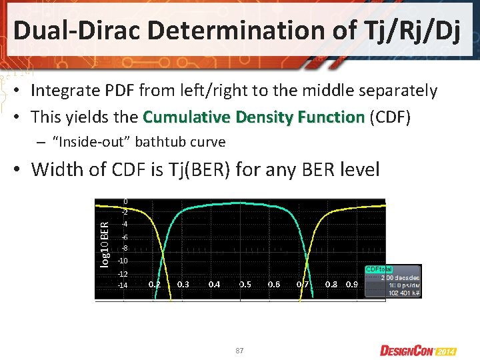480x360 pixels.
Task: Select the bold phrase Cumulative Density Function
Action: click(x=254, y=117)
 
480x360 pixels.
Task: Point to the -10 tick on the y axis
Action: click(x=123, y=260)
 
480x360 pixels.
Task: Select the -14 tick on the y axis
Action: click(x=123, y=285)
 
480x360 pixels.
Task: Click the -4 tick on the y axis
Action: click(x=124, y=224)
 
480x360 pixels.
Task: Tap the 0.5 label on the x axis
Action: click(x=245, y=284)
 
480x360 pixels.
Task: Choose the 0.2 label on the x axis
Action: click(x=154, y=284)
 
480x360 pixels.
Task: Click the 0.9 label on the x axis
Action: click(x=352, y=284)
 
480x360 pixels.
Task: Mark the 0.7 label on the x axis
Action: click(x=303, y=284)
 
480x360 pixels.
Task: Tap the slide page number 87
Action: click(x=239, y=350)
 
